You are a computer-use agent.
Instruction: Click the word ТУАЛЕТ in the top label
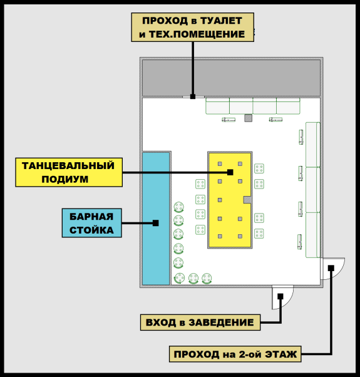coord(221,21)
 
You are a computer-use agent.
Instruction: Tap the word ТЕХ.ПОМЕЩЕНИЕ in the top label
coord(197,34)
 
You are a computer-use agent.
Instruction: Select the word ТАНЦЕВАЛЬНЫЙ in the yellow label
coord(68,166)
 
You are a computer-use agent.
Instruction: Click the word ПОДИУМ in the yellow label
coord(65,179)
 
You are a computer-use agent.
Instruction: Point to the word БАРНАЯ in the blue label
coord(91,217)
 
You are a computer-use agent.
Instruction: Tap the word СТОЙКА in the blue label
coord(91,230)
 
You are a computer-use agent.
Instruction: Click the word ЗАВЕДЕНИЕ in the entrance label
coord(221,323)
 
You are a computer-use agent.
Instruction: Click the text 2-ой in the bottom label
coord(250,354)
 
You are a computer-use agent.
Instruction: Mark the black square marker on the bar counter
coord(156,223)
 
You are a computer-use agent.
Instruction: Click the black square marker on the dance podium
coord(230,172)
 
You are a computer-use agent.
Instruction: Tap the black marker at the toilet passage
coord(193,96)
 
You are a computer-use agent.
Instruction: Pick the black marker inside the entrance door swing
coord(280,296)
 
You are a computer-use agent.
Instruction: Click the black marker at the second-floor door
coord(331,268)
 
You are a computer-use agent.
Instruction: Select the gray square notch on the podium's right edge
coord(247,200)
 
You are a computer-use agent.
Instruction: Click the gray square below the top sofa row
coord(249,118)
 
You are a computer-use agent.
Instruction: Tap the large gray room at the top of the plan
coord(232,78)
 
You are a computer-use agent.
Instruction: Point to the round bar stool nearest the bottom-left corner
coord(179,278)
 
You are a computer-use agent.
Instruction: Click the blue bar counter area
coord(156,219)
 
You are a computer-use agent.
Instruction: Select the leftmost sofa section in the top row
coord(217,106)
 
